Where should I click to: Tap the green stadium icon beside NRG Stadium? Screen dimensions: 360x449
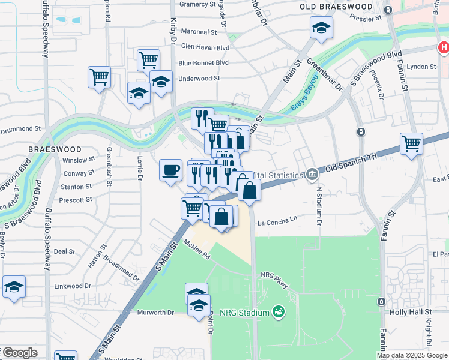click(278, 311)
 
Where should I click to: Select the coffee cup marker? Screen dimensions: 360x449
click(170, 169)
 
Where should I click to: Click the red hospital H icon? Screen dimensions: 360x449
click(443, 47)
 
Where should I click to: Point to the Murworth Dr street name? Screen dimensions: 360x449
click(155, 313)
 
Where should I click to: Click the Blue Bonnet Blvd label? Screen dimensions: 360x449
click(203, 62)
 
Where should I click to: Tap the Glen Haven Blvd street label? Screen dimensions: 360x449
click(205, 47)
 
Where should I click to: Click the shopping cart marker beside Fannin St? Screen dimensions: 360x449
click(411, 143)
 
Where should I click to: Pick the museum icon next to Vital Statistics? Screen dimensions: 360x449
click(312, 175)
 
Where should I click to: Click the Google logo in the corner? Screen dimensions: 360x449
click(20, 353)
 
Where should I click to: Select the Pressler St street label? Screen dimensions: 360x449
click(366, 18)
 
